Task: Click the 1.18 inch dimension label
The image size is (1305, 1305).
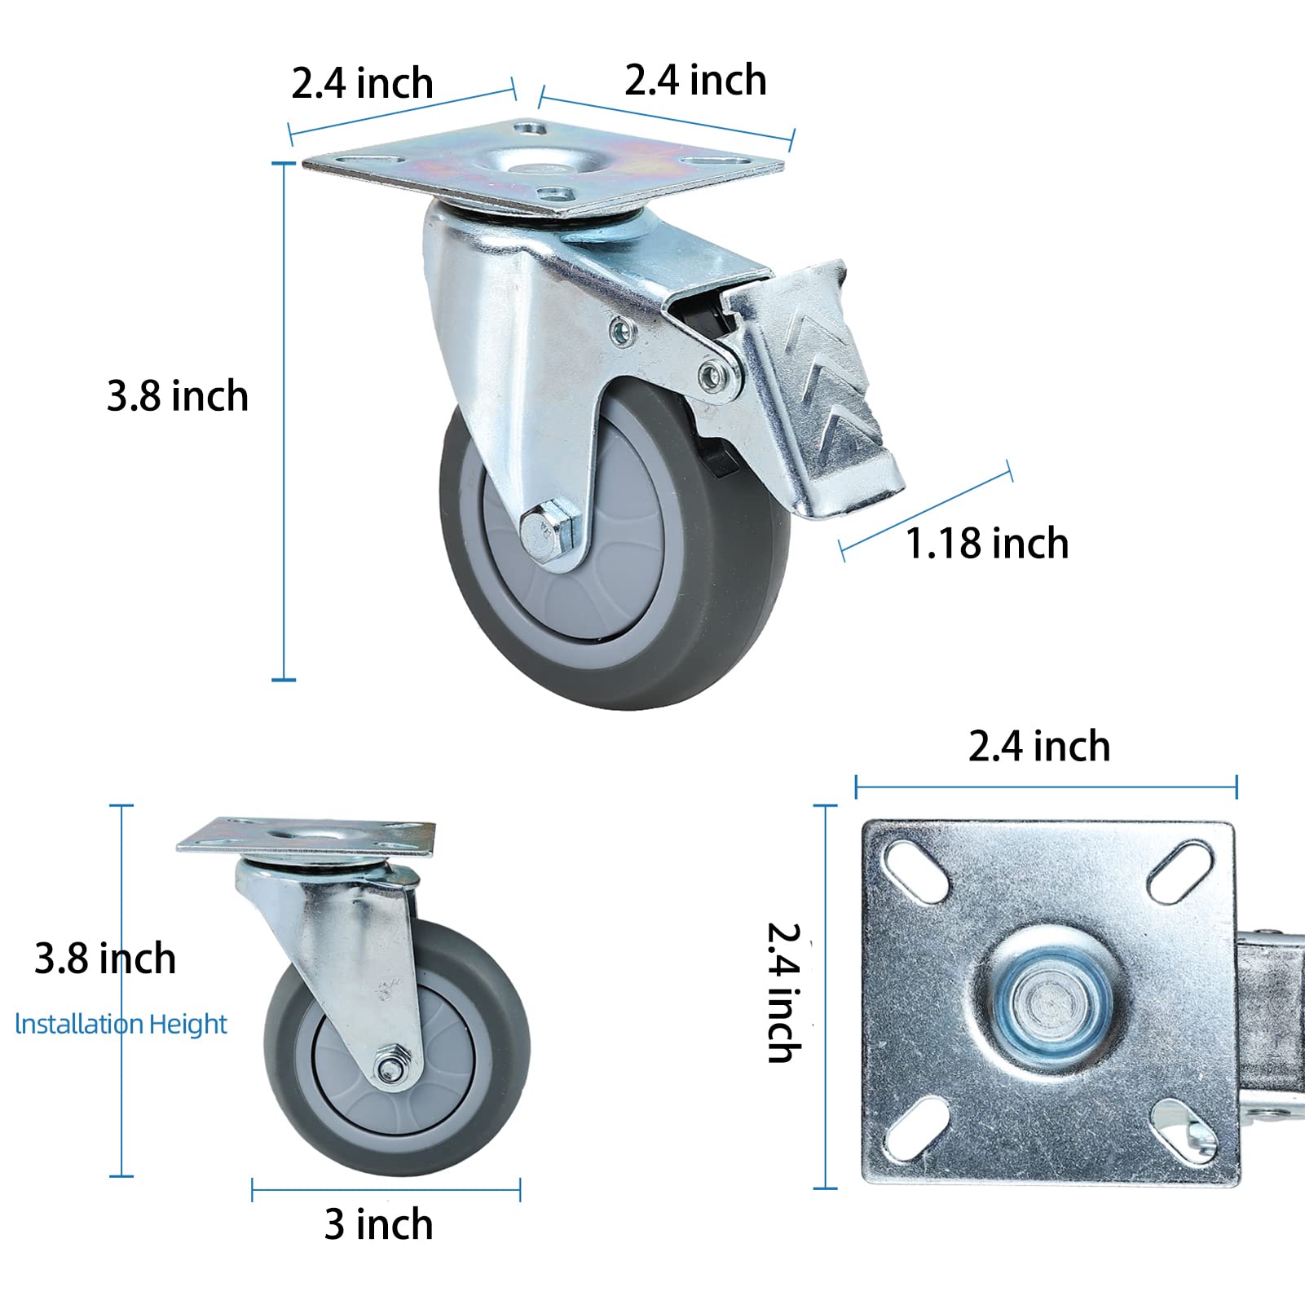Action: [x=986, y=544]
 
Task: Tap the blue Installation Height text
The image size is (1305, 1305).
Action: [x=121, y=1024]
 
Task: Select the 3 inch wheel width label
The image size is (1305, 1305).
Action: [x=378, y=1224]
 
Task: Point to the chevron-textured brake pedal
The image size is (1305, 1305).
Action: [x=824, y=391]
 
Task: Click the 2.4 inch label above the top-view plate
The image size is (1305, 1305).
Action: [x=1038, y=747]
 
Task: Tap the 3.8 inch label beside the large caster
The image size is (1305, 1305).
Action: [x=177, y=396]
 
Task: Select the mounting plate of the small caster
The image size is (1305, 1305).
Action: [x=306, y=837]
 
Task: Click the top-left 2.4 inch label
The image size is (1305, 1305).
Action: [x=362, y=84]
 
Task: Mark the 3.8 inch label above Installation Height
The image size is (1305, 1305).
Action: [x=104, y=959]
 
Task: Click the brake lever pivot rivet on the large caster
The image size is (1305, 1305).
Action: [x=713, y=376]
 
